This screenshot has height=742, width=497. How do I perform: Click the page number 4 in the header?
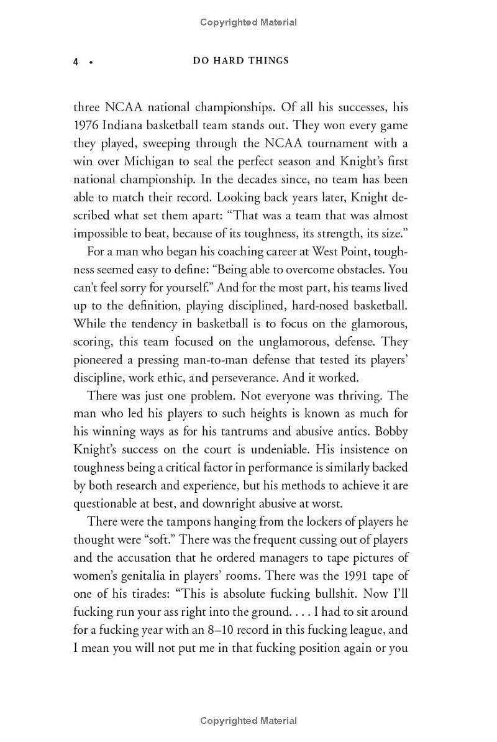[x=76, y=62]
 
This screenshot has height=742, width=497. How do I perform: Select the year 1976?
[x=86, y=126]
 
